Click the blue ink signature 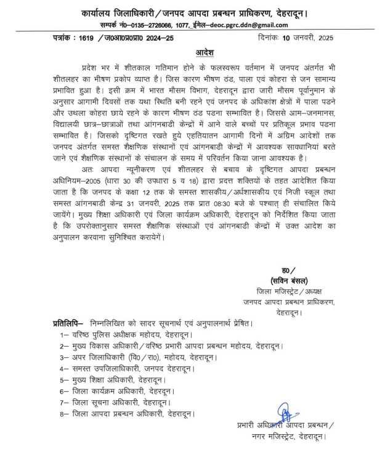(x=284, y=412)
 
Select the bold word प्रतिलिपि (x=65, y=323)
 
